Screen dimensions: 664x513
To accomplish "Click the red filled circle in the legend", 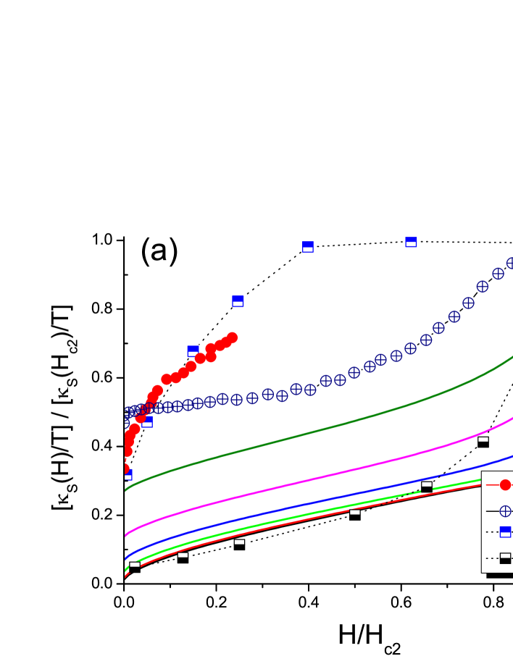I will pyautogui.click(x=505, y=484).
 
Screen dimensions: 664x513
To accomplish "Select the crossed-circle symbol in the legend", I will pyautogui.click(x=505, y=511).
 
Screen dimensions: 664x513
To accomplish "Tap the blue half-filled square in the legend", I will pyautogui.click(x=505, y=531).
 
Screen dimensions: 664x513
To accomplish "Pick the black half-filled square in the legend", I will pyautogui.click(x=505, y=558).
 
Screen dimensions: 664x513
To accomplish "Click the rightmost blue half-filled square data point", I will pyautogui.click(x=411, y=242).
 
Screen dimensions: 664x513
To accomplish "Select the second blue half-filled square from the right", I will pyautogui.click(x=308, y=247).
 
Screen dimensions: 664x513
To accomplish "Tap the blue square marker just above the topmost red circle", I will pyautogui.click(x=238, y=301).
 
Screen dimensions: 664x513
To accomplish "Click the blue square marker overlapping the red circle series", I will pyautogui.click(x=193, y=351).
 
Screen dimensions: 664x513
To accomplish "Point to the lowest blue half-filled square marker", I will pyautogui.click(x=128, y=474).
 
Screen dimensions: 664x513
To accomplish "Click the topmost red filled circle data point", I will pyautogui.click(x=232, y=337).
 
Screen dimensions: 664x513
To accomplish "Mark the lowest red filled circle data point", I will pyautogui.click(x=125, y=468).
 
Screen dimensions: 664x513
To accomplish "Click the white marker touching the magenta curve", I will pyautogui.click(x=483, y=439).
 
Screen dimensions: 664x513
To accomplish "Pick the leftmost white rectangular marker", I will pyautogui.click(x=135, y=564).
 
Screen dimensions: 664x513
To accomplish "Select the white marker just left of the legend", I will pyautogui.click(x=427, y=484).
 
